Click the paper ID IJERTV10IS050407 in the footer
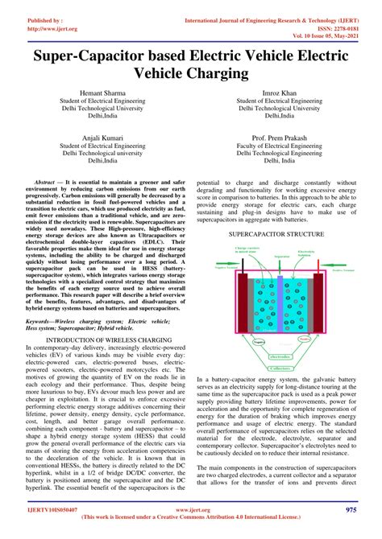pyautogui.click(x=43, y=509)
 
